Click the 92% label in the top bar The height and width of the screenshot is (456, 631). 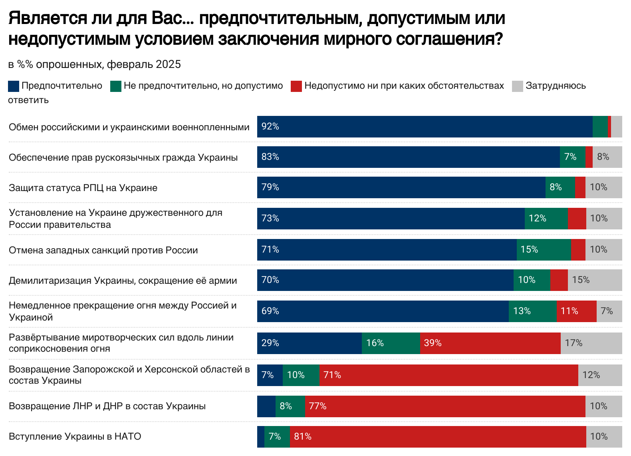270,127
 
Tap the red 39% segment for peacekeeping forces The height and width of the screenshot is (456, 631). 490,343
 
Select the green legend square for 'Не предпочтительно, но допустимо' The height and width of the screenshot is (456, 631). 116,86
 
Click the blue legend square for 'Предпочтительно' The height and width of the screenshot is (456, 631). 14,86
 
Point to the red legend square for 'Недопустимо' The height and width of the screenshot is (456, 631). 296,86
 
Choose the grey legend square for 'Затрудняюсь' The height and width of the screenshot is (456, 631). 518,86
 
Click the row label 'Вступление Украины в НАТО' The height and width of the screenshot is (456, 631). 75,436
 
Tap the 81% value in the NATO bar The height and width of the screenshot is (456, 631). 303,436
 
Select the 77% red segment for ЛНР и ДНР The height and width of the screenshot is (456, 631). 444,406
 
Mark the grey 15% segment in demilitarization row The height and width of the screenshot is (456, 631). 595,280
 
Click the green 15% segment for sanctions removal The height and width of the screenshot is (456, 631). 544,249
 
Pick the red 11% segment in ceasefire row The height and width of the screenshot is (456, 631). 576,311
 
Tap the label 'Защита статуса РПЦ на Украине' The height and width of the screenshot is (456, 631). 83,188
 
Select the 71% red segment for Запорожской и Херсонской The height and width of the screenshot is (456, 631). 448,375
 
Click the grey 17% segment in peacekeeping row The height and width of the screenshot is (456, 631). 591,343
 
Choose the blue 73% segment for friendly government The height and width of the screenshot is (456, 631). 391,218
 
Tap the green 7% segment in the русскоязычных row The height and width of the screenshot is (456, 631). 572,157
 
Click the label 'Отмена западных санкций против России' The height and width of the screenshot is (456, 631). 103,250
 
